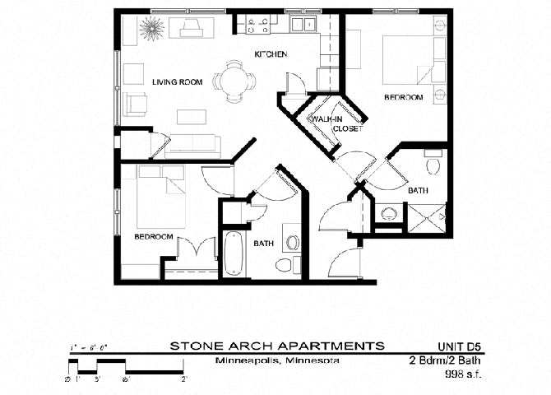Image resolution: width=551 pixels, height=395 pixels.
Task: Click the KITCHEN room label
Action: coord(270,54)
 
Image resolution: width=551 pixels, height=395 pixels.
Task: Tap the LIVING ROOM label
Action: coord(177,81)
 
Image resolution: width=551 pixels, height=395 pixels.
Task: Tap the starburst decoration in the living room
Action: coord(151,29)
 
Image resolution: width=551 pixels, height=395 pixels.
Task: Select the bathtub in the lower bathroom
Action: coord(234,253)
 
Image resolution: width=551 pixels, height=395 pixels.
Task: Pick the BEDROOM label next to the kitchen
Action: coord(403,97)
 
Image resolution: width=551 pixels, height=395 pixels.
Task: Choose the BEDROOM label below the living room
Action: coord(154,236)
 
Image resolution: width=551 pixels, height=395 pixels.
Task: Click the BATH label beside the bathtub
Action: coord(263,243)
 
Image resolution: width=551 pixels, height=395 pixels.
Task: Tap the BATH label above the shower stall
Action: coord(418,190)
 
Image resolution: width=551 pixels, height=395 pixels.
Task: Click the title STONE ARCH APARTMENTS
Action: coord(276,345)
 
